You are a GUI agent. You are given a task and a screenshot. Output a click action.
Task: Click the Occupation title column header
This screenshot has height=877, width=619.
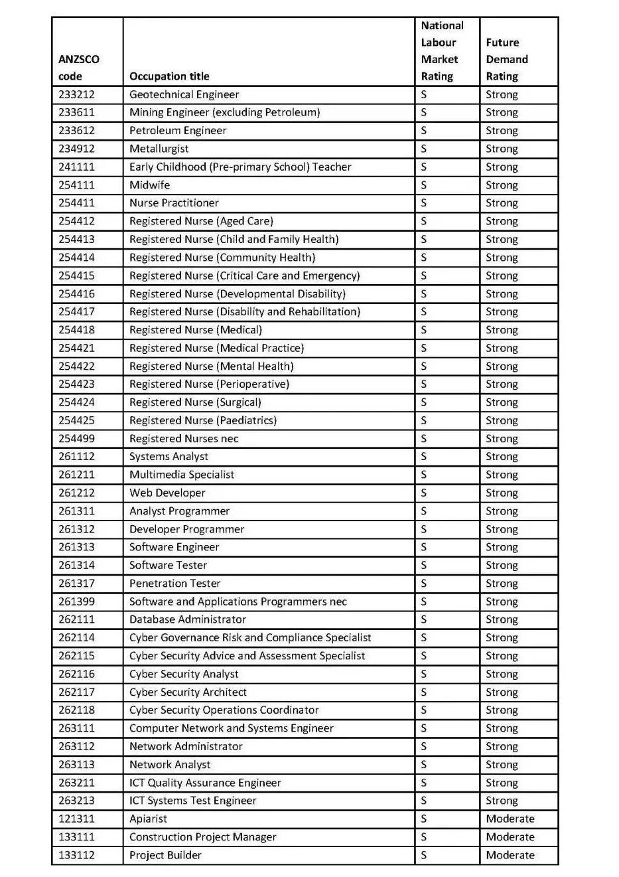pyautogui.click(x=169, y=76)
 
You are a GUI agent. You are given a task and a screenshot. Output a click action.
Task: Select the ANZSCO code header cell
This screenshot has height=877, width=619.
pyautogui.click(x=78, y=68)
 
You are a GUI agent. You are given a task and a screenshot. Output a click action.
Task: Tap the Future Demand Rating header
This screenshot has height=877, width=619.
pyautogui.click(x=507, y=59)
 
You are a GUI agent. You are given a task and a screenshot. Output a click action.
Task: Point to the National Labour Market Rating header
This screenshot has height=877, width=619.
pyautogui.click(x=442, y=51)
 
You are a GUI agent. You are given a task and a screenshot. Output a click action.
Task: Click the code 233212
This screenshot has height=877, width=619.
pyautogui.click(x=76, y=95)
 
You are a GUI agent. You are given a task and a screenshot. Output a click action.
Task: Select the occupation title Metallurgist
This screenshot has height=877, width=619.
pyautogui.click(x=159, y=149)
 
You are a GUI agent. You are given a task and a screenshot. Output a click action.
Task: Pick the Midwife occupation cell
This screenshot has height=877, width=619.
pyautogui.click(x=149, y=185)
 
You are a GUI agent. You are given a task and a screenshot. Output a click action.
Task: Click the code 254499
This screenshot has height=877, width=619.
pyautogui.click(x=76, y=439)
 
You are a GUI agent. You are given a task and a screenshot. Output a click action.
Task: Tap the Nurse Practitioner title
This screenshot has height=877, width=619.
pyautogui.click(x=174, y=203)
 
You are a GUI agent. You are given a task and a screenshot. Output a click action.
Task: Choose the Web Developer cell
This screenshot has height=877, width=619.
pyautogui.click(x=167, y=493)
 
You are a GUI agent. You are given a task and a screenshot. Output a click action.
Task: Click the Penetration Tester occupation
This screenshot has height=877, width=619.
pyautogui.click(x=174, y=584)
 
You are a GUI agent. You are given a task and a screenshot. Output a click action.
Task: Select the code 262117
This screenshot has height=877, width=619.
pyautogui.click(x=76, y=692)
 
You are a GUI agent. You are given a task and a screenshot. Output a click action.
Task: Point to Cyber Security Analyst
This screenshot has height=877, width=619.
pyautogui.click(x=184, y=675)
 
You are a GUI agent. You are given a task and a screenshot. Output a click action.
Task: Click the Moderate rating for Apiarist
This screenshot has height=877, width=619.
pyautogui.click(x=510, y=819)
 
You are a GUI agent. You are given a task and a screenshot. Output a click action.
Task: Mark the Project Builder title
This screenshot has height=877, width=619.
pyautogui.click(x=165, y=855)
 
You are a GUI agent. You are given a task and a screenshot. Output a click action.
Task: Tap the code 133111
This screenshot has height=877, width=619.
pyautogui.click(x=76, y=837)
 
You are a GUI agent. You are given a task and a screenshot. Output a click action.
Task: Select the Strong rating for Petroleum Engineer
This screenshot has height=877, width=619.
pyautogui.click(x=502, y=131)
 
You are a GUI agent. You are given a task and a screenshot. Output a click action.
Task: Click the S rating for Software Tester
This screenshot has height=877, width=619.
pyautogui.click(x=424, y=566)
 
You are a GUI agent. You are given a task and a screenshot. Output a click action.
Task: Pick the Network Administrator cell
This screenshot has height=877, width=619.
pyautogui.click(x=186, y=747)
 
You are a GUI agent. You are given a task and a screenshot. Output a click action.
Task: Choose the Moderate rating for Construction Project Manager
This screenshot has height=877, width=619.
pyautogui.click(x=510, y=837)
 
